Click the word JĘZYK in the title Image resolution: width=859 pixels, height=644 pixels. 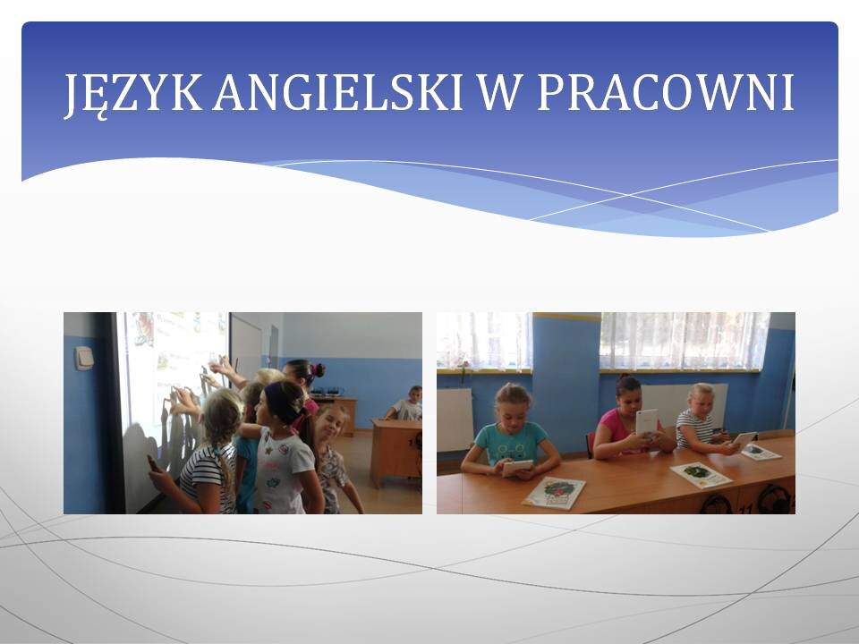[133, 94]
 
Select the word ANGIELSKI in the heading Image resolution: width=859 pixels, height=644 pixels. [338, 92]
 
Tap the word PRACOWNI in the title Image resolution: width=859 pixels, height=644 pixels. [666, 92]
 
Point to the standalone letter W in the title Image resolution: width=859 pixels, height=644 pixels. [499, 92]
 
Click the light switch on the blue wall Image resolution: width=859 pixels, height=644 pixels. [83, 358]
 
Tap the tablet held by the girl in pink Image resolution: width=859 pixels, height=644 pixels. [646, 422]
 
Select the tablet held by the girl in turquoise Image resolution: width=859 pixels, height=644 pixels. [516, 467]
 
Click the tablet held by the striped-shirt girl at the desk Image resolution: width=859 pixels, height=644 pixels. [744, 438]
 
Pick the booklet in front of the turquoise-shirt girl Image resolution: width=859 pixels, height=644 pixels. [554, 492]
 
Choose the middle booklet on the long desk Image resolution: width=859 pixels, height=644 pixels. [701, 474]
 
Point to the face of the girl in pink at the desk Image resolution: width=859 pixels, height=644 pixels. [631, 398]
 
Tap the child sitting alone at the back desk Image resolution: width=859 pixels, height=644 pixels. [406, 404]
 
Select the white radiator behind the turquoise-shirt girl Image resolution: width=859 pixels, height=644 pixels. [455, 420]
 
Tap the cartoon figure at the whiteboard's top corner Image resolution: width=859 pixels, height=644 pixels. [142, 328]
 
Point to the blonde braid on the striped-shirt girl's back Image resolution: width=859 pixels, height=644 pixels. [224, 465]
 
